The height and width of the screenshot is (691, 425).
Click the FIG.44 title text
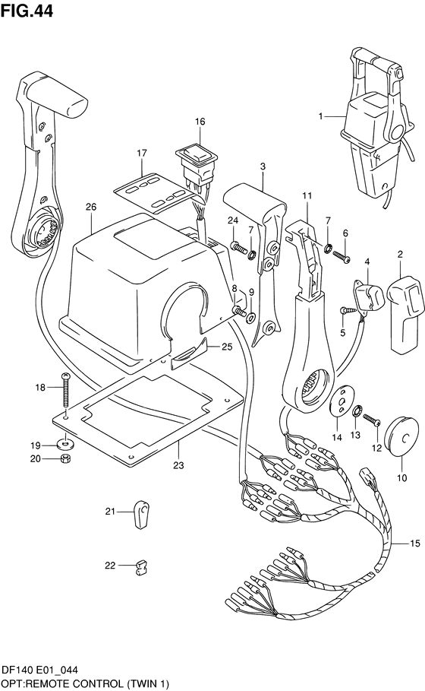pos(27,11)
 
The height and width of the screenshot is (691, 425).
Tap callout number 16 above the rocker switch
pos(200,122)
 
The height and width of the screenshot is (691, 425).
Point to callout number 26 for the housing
pos(91,207)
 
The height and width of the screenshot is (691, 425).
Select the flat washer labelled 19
pos(65,442)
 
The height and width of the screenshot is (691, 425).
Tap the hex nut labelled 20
pos(65,458)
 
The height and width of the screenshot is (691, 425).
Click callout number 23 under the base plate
pos(178,465)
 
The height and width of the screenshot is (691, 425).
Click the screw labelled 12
pos(371,419)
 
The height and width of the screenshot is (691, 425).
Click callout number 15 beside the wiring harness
pos(415,544)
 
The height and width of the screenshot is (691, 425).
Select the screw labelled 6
pos(342,257)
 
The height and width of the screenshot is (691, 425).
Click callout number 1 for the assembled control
pos(321,116)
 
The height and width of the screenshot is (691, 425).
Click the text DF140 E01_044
pos(40,670)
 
